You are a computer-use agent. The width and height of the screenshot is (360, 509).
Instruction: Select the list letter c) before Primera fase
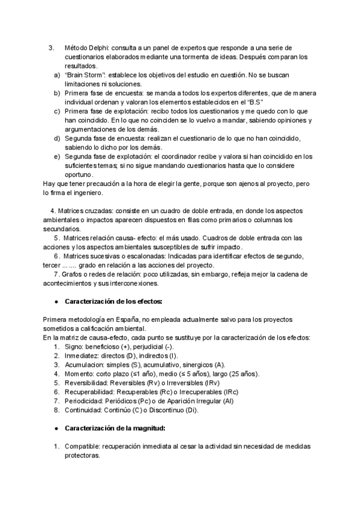coord(57,111)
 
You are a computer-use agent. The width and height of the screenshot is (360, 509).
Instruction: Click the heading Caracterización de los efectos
coord(113,301)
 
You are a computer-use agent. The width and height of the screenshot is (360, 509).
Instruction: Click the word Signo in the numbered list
coord(74,347)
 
